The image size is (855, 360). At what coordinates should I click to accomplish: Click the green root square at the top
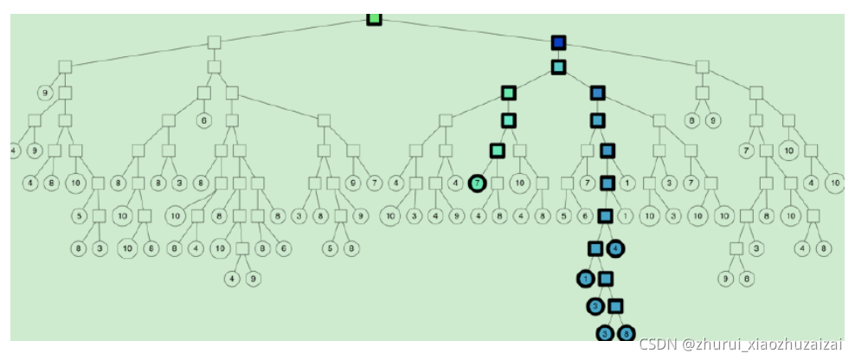coord(374,17)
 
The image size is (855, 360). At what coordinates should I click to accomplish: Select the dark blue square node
coord(558,42)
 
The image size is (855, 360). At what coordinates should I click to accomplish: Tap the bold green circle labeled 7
coord(477,183)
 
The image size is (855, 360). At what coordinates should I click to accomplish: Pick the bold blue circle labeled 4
coord(616,248)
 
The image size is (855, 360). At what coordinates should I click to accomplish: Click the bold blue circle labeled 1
coord(586,279)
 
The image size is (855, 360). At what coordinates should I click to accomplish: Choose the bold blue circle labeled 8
coord(627,332)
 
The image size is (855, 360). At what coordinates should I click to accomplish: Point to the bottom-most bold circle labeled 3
coord(605,332)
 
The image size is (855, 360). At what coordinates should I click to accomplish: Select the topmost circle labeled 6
coord(203,120)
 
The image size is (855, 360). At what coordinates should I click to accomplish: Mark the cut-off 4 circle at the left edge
coord(14,150)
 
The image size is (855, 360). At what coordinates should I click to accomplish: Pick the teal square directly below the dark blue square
coord(558,67)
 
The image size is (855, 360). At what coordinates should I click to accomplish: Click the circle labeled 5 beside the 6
coord(564,216)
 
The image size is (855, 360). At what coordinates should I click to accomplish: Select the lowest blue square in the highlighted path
coord(615,305)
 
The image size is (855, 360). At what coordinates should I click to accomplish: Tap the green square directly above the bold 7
coord(498,150)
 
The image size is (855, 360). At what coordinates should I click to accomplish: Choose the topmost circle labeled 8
coord(691,120)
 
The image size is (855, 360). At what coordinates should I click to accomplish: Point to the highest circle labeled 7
coord(744,150)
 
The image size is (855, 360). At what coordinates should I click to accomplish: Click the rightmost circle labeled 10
coord(835,183)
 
